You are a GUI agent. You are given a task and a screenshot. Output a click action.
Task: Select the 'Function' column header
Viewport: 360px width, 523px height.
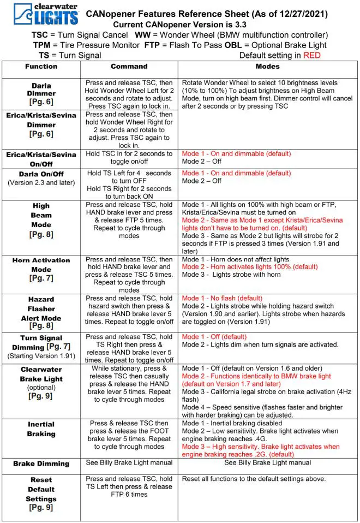click(41, 67)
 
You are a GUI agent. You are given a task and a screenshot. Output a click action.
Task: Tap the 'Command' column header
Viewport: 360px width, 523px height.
click(129, 67)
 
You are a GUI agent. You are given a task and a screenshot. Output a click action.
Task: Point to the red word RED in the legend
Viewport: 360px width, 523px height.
click(312, 55)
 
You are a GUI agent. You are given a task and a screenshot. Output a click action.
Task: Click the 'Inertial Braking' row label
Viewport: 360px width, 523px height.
click(41, 429)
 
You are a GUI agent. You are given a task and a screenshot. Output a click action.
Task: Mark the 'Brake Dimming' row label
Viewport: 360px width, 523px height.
click(41, 463)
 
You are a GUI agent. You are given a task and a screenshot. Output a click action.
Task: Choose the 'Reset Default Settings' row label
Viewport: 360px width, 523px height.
click(41, 493)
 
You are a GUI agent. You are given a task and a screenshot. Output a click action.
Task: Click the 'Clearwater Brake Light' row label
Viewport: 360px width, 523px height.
click(41, 382)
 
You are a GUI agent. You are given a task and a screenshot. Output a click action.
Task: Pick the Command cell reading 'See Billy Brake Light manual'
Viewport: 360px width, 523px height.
click(129, 462)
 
